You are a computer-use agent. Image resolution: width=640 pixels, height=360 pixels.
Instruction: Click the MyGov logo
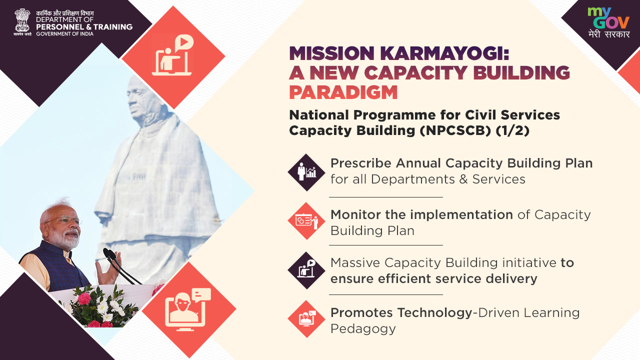[608, 22]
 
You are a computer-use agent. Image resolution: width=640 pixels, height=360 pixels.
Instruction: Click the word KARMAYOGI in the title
[444, 53]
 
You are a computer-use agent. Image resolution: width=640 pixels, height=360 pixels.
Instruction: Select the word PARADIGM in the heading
[343, 92]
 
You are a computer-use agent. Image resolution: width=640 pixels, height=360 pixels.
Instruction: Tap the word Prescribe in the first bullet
[361, 163]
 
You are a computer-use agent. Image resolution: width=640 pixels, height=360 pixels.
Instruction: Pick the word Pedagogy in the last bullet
[363, 329]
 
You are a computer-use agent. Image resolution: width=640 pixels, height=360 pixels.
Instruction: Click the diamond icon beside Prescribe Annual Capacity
[306, 172]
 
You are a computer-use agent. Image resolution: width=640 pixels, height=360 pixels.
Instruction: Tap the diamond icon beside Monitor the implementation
[306, 221]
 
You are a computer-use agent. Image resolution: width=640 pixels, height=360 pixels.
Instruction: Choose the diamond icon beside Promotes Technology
[306, 319]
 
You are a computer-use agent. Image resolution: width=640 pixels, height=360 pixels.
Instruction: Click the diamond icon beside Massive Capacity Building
[306, 270]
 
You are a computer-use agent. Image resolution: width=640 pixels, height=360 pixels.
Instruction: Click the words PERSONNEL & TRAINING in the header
[84, 27]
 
